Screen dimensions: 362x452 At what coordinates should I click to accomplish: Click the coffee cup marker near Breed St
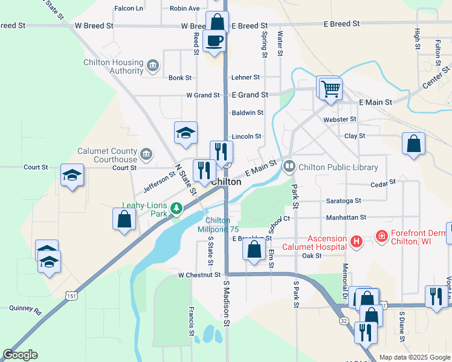point(215,41)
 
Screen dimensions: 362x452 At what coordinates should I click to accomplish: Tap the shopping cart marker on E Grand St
point(331,89)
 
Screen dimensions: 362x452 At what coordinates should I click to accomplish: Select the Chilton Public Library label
point(339,167)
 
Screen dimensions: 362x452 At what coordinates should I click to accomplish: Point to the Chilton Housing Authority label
point(114,66)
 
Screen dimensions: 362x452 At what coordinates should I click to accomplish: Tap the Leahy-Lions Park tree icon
point(176,209)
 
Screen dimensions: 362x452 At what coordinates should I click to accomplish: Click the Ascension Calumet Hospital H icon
point(357,242)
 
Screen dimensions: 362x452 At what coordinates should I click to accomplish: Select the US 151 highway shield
point(72,296)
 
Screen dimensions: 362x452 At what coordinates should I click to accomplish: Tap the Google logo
point(21,355)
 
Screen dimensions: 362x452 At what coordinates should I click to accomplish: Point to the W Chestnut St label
point(199,275)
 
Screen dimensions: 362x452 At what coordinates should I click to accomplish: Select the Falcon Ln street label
point(129,8)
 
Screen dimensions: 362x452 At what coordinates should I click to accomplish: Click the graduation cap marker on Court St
point(73,176)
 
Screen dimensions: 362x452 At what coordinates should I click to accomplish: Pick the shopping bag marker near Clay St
point(413,145)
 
